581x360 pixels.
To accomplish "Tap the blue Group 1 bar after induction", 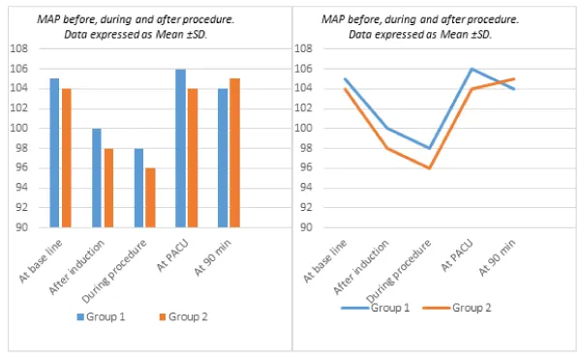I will coord(97,178).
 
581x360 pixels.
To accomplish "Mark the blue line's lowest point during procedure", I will coord(429,148).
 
